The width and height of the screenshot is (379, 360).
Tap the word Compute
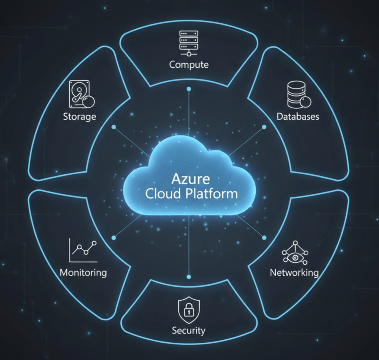click(x=189, y=65)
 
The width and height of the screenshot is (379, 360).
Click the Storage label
click(x=80, y=117)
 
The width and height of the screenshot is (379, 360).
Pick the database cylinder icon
click(x=298, y=94)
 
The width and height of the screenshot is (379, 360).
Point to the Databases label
click(x=298, y=117)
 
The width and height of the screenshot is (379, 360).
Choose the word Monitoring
click(x=83, y=273)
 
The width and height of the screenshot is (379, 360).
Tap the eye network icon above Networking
click(x=295, y=253)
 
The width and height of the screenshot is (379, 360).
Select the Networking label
click(x=294, y=273)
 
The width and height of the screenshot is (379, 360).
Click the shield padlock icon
click(x=189, y=309)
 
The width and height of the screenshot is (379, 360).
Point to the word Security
click(x=189, y=330)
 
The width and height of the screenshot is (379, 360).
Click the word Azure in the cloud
click(x=191, y=179)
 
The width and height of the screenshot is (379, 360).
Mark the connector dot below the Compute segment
click(x=189, y=89)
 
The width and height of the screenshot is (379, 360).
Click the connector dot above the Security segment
click(x=189, y=276)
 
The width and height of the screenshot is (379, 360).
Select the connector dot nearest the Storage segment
click(x=114, y=127)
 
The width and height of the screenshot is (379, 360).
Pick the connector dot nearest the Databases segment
click(x=264, y=127)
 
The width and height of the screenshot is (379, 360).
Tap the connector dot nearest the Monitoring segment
click(x=114, y=238)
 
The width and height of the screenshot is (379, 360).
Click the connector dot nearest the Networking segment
click(x=264, y=237)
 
